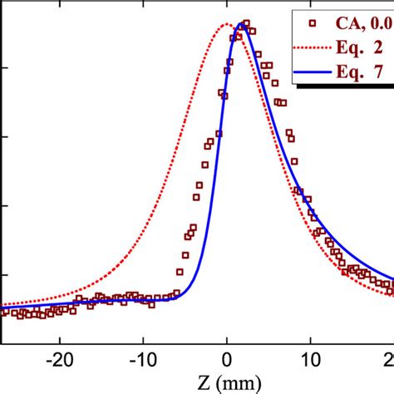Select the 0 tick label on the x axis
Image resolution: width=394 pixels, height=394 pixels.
click(x=226, y=362)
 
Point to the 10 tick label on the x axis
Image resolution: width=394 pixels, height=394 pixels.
click(x=309, y=362)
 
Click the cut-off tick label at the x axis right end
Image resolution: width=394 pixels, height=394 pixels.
click(x=388, y=362)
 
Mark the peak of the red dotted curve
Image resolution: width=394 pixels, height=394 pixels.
click(x=226, y=24)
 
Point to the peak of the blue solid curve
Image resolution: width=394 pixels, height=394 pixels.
click(x=241, y=24)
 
